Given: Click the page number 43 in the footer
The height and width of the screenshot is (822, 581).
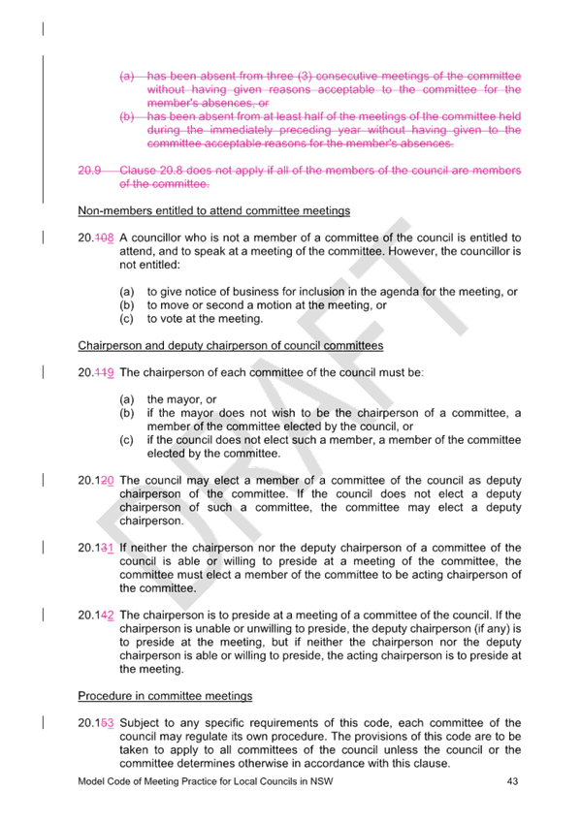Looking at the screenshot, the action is pos(512,781).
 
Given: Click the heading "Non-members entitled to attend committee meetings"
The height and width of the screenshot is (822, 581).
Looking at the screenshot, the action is pos(214,210).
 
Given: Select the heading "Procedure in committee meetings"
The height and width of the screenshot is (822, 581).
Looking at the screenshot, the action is pos(165,696).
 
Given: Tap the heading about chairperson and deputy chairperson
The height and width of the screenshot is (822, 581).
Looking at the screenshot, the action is pos(231,345).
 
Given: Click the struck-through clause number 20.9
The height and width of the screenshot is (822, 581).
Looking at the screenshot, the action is pos(89,171).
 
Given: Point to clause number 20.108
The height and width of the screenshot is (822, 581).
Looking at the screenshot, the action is pos(96,237).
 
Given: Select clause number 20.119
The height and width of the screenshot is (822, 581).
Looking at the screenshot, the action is pos(96,372).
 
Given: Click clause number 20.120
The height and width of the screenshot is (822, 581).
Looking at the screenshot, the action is pos(96,480).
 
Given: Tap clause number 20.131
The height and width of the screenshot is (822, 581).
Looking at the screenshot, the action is pos(96,548).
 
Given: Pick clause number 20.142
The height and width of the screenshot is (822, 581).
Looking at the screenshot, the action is pos(96,615).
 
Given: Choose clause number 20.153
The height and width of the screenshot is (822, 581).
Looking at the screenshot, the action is pos(96,723).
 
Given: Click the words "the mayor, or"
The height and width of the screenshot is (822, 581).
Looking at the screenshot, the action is pos(182,399).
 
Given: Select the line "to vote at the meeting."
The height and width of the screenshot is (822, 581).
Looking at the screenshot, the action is pos(205,319).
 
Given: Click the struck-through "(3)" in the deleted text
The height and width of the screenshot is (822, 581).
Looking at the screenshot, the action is pos(306,76).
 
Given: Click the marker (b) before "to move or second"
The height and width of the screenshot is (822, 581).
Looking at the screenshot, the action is pos(127,305).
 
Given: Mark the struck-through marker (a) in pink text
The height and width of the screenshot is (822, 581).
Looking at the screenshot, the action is pos(127,76).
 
